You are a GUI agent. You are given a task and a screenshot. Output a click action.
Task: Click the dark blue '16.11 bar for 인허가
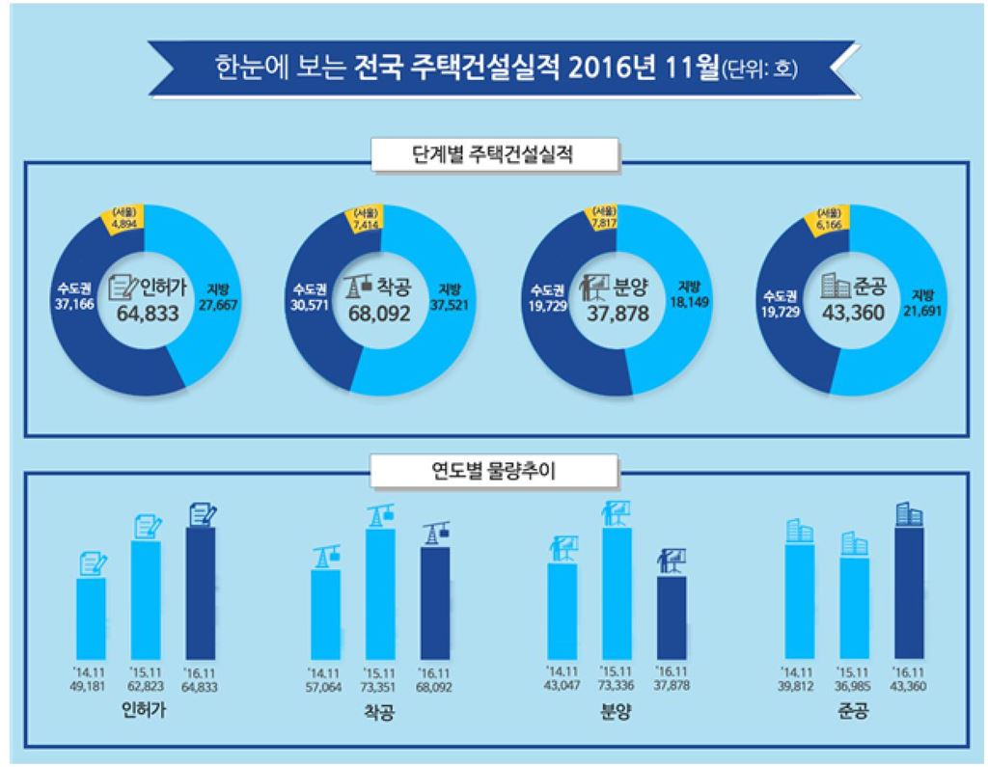tap(200, 592)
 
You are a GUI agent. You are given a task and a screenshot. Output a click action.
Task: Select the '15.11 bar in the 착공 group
tap(380, 593)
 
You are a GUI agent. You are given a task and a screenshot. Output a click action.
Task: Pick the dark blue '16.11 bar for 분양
tap(672, 617)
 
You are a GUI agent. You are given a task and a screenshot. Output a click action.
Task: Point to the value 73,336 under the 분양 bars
tap(615, 685)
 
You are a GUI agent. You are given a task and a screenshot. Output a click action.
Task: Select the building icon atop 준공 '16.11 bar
tap(908, 514)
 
